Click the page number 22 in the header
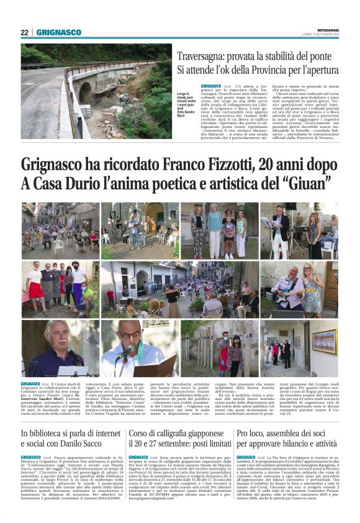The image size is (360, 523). [x=24, y=32]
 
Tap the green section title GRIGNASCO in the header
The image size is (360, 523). [x=58, y=32]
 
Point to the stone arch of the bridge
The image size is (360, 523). [x=84, y=93]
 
